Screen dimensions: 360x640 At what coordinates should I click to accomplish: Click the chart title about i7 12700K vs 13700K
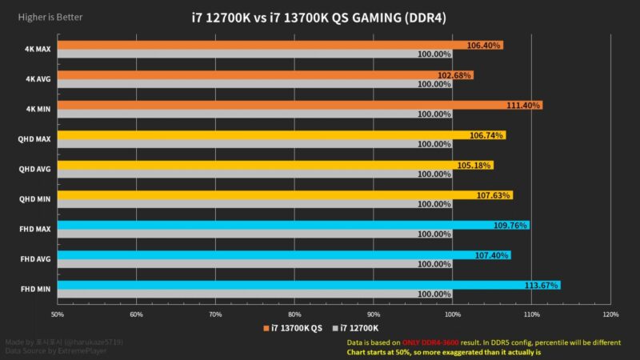pyautogui.click(x=320, y=18)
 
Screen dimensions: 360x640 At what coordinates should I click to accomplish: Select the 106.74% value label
pyautogui.click(x=486, y=135)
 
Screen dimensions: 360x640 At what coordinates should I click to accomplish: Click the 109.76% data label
pyautogui.click(x=510, y=226)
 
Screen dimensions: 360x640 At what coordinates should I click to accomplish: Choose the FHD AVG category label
pyautogui.click(x=38, y=259)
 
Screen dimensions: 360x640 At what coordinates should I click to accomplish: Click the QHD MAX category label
pyautogui.click(x=37, y=139)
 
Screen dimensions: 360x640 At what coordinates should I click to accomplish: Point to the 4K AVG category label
pyautogui.click(x=39, y=79)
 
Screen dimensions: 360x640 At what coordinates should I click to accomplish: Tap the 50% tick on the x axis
pyautogui.click(x=58, y=314)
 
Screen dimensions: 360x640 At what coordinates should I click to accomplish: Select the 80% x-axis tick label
pyautogui.click(x=294, y=314)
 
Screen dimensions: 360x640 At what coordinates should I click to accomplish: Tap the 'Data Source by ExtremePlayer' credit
pyautogui.click(x=56, y=350)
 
